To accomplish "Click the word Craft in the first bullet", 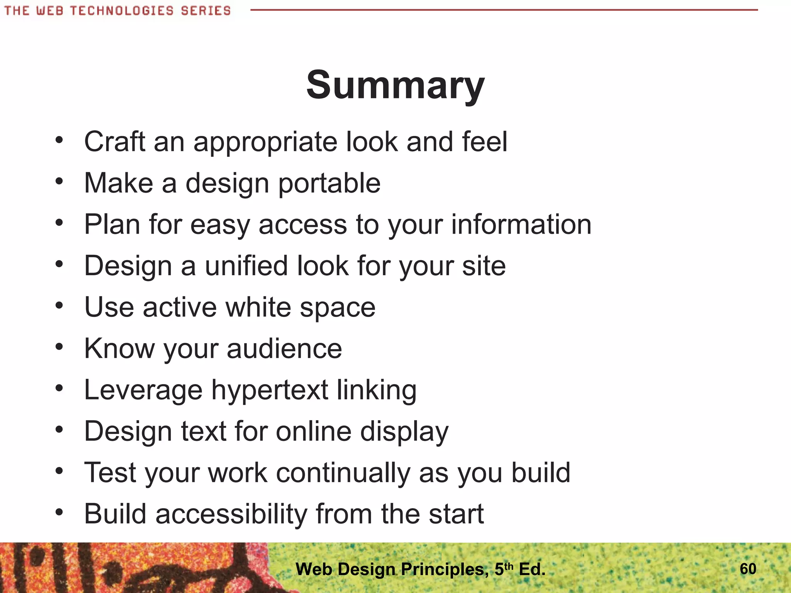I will (x=115, y=142).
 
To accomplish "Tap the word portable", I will (x=329, y=183).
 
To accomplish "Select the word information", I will (x=521, y=224).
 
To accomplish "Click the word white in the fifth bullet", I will (x=258, y=307).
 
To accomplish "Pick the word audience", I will (x=284, y=349).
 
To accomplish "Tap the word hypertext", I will (x=270, y=390).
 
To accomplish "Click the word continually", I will (x=343, y=473).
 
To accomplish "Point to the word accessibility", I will (x=231, y=514).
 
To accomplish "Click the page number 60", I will (x=748, y=569).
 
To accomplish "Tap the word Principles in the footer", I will (x=443, y=569).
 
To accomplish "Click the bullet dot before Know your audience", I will (x=59, y=347).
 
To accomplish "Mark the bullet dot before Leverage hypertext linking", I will (x=59, y=388).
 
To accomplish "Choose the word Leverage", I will (x=143, y=390).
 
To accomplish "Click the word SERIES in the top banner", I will (x=205, y=11).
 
